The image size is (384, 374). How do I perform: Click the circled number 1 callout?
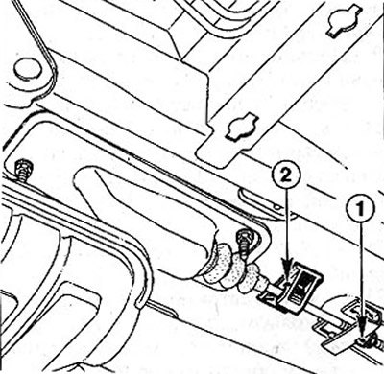pos(361,209)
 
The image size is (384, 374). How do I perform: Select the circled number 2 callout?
pos(286,175)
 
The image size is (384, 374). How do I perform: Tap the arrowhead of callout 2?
pos(287,274)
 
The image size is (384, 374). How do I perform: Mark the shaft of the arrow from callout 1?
pos(362,272)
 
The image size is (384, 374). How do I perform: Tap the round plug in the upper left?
pos(28,70)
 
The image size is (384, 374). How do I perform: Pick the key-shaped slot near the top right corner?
pos(341,22)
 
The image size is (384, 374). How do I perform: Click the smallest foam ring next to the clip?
pos(261,279)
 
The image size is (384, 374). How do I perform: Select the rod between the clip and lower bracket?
pos(325,311)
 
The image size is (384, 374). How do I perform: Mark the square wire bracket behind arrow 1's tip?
pos(361,312)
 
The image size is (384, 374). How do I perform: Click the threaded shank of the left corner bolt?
pos(23,176)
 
